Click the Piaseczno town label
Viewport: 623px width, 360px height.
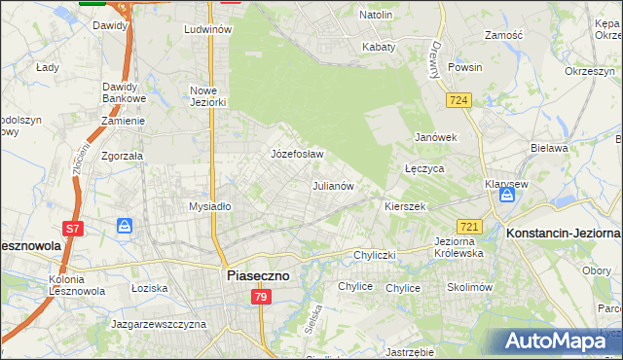coord(258,275)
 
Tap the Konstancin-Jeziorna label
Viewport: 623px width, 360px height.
coord(563,234)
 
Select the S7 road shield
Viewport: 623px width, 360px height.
coord(72,230)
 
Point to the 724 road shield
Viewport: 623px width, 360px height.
coord(459,100)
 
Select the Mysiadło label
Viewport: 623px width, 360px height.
coord(209,206)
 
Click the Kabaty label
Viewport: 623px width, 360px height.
coord(379,47)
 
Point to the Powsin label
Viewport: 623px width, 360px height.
coord(465,68)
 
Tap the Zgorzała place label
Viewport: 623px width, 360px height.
coord(123,155)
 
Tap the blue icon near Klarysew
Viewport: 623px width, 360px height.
coord(506,196)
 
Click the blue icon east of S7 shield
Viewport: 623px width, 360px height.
coord(125,226)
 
